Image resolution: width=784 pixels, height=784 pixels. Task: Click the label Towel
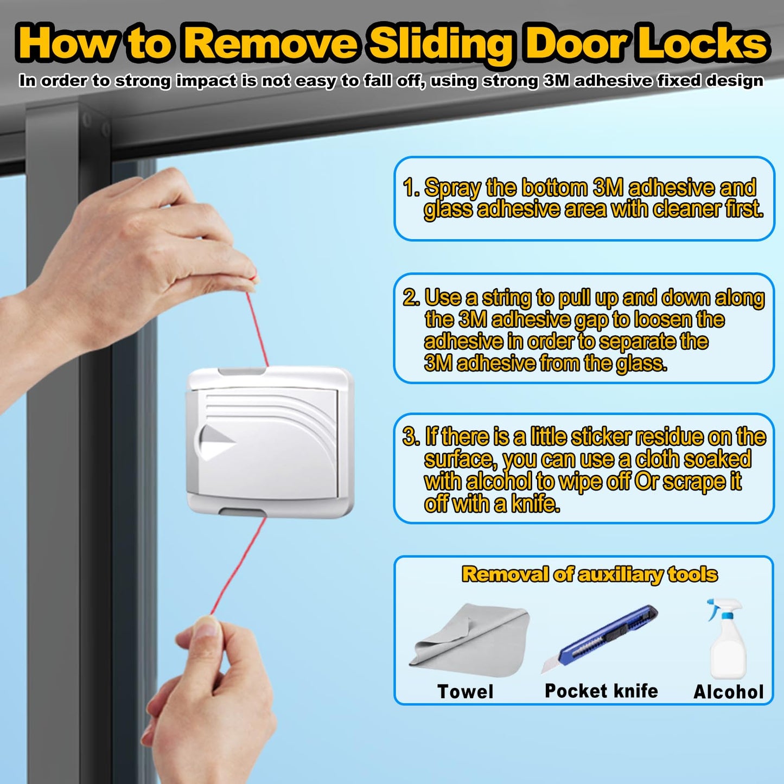pyautogui.click(x=466, y=692)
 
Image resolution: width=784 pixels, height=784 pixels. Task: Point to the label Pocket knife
pyautogui.click(x=601, y=691)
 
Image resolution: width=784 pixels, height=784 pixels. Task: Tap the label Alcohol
pyautogui.click(x=729, y=692)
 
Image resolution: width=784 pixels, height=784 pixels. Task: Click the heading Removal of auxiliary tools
pyautogui.click(x=589, y=574)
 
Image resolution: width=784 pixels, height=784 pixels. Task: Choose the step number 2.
pyautogui.click(x=410, y=298)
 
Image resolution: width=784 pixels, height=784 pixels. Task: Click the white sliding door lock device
pyautogui.click(x=270, y=442)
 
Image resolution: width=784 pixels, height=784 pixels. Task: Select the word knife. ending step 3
pyautogui.click(x=535, y=504)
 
